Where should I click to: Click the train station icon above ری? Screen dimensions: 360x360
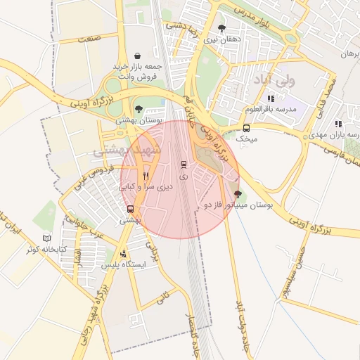click(184, 165)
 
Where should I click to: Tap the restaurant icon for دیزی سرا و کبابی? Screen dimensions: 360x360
click(146, 176)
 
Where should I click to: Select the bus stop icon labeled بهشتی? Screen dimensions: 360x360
click(130, 209)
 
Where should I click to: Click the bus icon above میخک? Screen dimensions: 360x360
click(246, 128)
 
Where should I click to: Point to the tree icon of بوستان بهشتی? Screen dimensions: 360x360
click(139, 109)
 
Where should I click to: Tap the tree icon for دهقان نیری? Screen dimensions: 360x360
click(222, 28)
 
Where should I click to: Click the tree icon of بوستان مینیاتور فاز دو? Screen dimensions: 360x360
click(237, 194)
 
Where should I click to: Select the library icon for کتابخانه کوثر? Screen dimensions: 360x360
click(47, 238)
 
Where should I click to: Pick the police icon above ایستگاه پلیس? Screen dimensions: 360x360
click(124, 254)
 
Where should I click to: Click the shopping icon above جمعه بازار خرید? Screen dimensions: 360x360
click(137, 55)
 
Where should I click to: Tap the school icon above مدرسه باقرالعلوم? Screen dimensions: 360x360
click(271, 98)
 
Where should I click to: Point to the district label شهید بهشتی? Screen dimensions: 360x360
click(127, 150)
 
